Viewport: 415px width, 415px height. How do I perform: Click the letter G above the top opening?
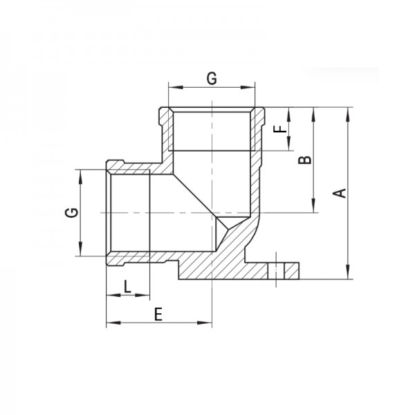coord(212,78)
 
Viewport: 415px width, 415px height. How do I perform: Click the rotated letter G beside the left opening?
coord(71,212)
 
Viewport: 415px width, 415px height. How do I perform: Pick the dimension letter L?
coord(127,285)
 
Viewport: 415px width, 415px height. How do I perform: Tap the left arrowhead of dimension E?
coord(109,323)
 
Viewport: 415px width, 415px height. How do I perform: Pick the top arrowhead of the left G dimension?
coord(82,174)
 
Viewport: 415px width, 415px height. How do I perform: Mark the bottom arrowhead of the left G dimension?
coord(82,252)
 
